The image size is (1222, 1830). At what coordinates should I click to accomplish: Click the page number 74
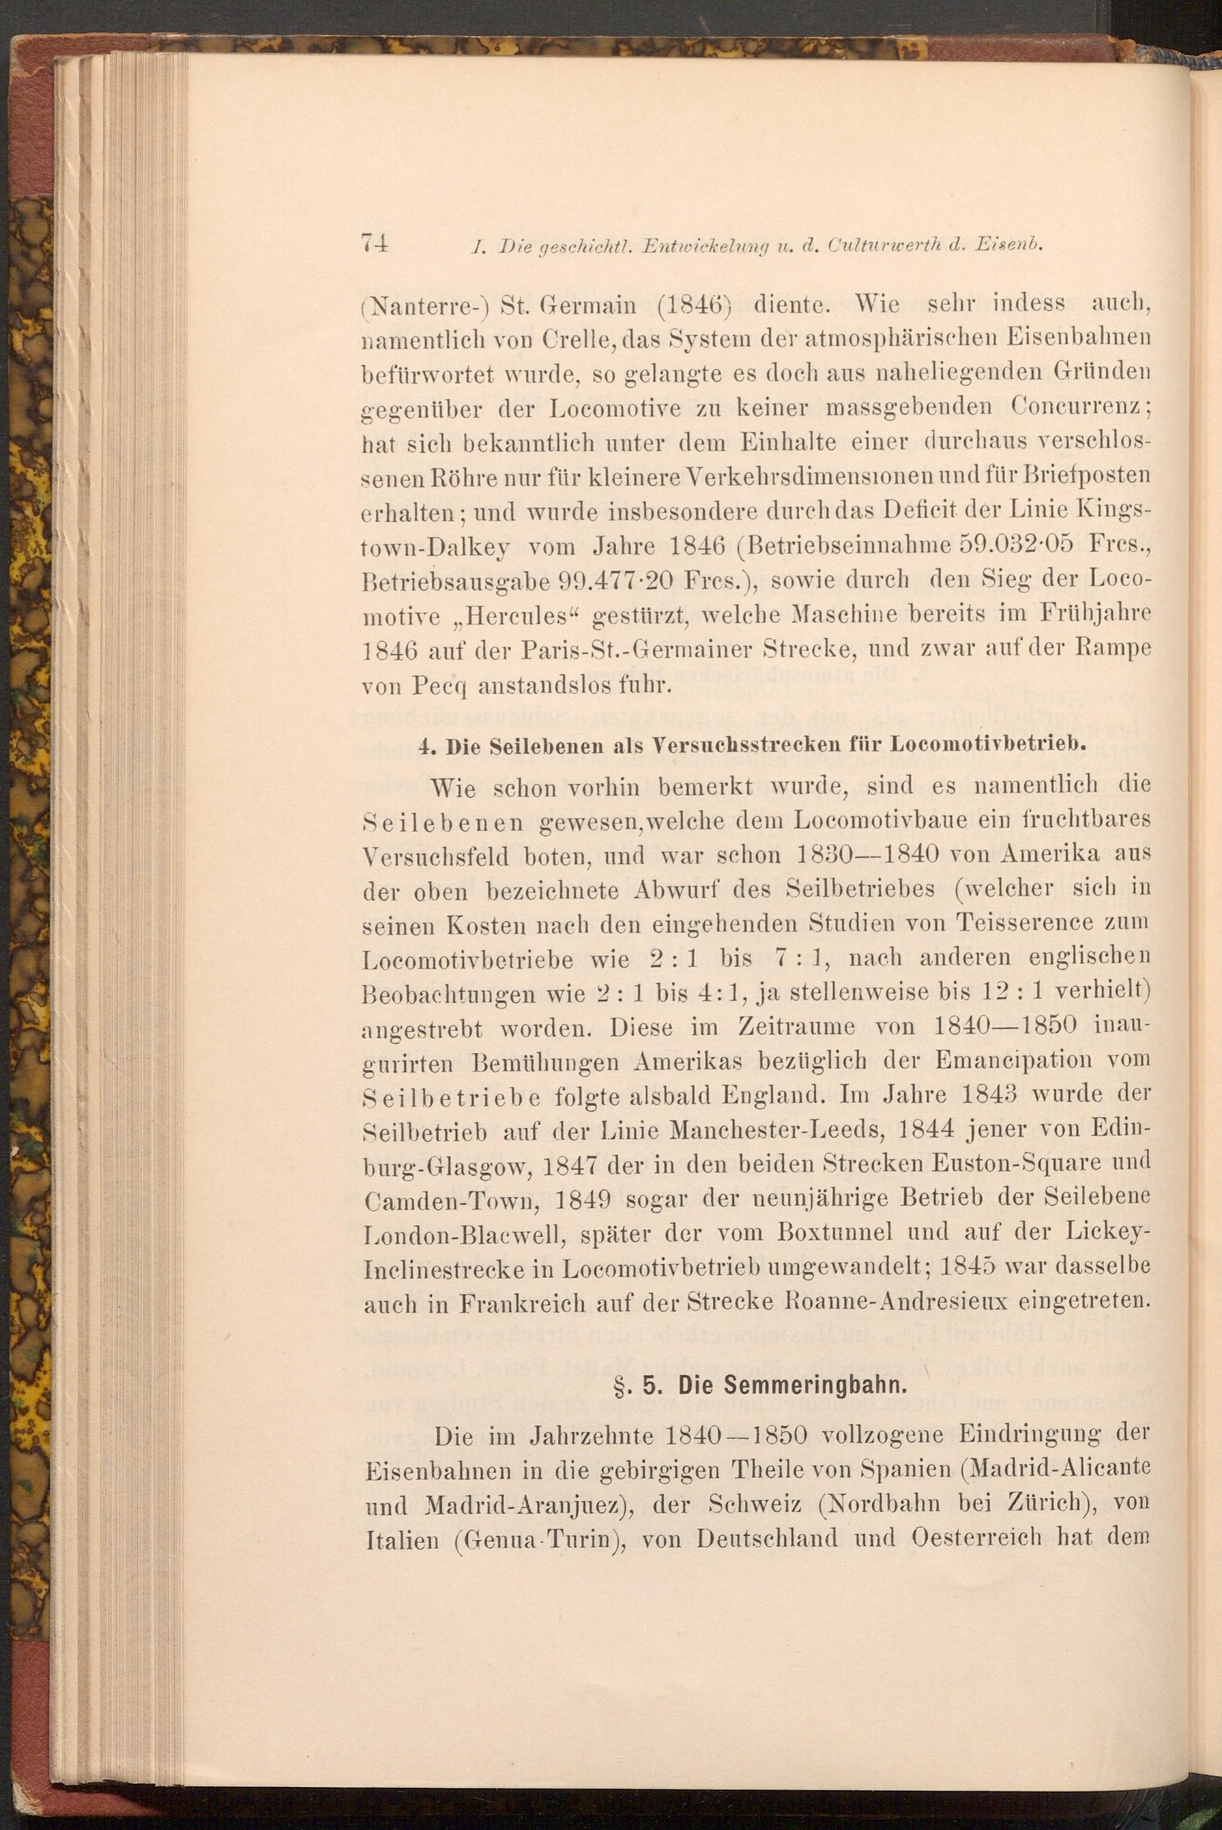tap(374, 243)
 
